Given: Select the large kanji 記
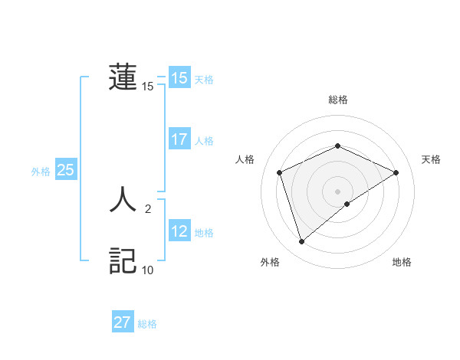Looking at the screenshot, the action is point(123,260).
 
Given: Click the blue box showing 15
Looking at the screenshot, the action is point(179,78).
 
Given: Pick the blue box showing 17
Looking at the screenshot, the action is point(179,139).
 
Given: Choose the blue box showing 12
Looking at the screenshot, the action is point(179,231).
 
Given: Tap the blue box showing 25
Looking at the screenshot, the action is point(65,170).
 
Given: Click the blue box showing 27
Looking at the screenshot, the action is point(123,322).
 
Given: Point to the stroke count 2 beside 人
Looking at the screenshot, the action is point(148,208).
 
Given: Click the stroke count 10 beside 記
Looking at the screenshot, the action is point(148,270).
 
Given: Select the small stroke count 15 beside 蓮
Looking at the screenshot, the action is point(148,87).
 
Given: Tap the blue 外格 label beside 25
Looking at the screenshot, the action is point(41,172).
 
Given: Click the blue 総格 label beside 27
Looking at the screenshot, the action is point(147,324).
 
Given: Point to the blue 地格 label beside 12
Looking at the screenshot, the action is point(204,233).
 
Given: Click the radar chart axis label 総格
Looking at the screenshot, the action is point(337,100).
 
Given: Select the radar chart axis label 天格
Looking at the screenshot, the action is point(431,159).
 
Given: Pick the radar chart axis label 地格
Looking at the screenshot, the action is point(402,262).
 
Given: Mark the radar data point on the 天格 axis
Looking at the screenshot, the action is point(396,172).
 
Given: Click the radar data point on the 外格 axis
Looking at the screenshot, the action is point(302,242).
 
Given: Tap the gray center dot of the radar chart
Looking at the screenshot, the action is point(337,191).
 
